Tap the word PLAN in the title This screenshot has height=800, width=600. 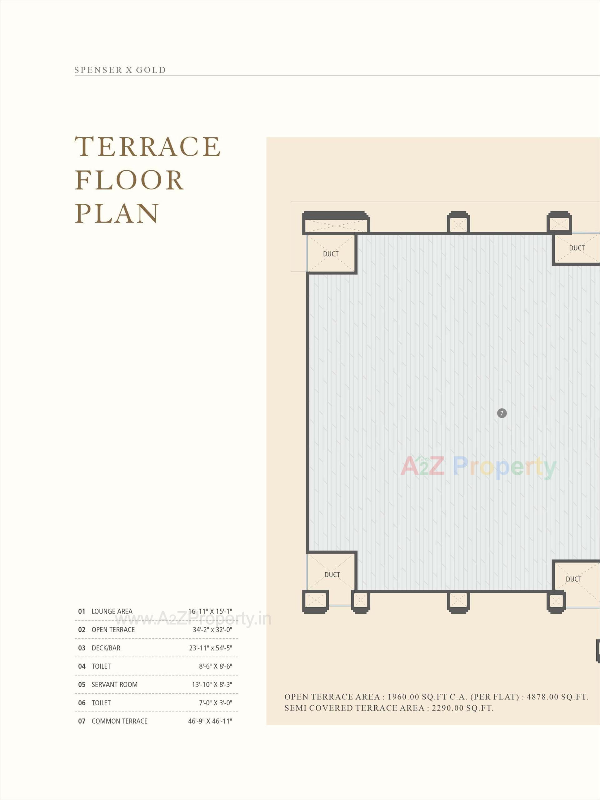point(117,213)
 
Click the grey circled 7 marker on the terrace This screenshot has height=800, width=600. point(502,413)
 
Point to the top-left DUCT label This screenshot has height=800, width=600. point(331,254)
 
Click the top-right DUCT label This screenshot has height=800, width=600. point(577,248)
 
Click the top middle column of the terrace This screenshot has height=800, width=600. point(458,223)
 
